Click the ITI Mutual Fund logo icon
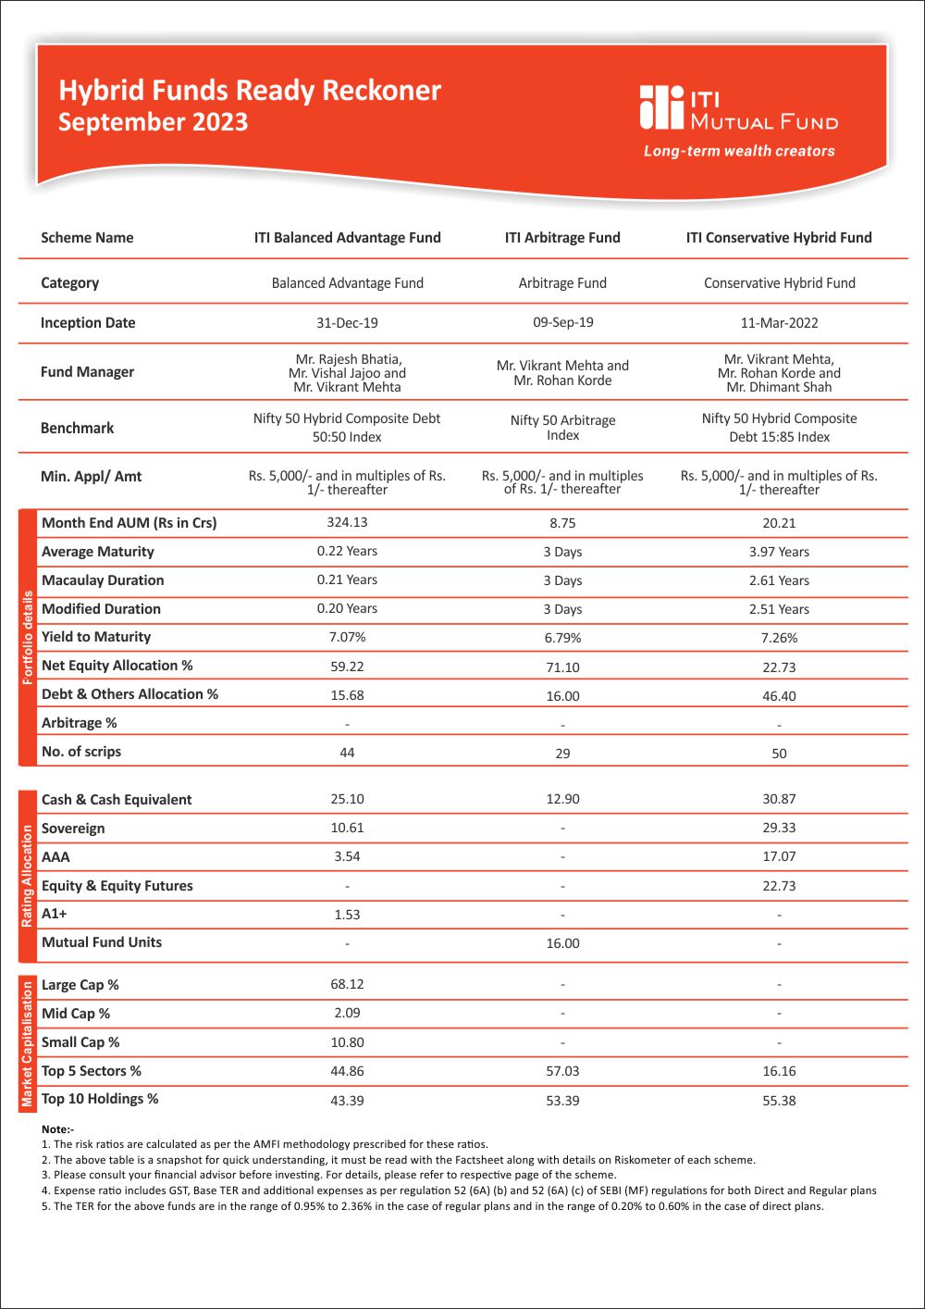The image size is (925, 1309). point(660,107)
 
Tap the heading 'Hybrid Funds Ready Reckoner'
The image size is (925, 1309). point(250,90)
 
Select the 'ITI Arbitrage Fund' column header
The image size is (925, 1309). point(562,238)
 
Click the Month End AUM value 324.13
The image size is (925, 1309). point(347,522)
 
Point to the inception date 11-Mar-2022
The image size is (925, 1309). point(779,323)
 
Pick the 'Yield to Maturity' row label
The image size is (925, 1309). point(96,637)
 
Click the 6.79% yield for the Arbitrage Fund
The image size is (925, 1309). point(562,638)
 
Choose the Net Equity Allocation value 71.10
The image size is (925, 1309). point(562,667)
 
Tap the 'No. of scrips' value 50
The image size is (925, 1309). point(779,754)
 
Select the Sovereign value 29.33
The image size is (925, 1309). point(779,828)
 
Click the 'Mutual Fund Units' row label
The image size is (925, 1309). point(102,942)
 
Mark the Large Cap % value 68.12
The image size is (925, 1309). point(347,984)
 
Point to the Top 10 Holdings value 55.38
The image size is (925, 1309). point(779,1101)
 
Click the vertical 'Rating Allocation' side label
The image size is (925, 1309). point(27,875)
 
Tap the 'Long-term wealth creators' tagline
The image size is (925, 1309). point(739,151)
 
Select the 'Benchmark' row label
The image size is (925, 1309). point(78,428)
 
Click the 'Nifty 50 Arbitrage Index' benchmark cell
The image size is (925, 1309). point(562,428)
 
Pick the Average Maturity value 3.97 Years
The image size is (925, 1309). point(779,552)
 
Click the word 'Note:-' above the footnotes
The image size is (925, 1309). point(57,1129)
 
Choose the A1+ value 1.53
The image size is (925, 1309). point(347,915)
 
